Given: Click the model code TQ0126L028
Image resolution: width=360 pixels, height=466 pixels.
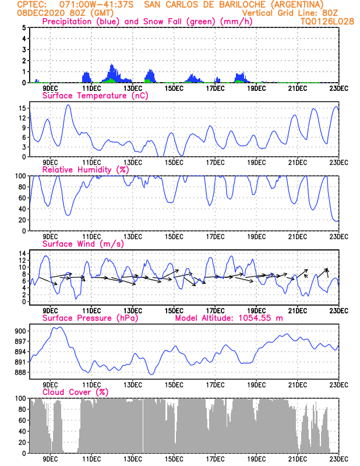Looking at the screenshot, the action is (x=327, y=22).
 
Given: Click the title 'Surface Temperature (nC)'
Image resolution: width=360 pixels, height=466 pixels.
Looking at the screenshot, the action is (x=95, y=96).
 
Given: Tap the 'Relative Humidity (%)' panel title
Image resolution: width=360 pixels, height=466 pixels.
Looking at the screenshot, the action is (x=86, y=170).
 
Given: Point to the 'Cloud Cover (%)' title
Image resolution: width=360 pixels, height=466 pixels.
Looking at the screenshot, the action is (x=76, y=392).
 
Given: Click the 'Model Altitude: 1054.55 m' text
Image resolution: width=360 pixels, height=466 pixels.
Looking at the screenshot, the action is (x=229, y=318).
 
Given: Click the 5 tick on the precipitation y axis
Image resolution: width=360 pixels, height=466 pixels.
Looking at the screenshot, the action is (x=24, y=27).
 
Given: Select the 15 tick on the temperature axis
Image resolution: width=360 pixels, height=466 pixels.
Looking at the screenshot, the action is (x=23, y=108).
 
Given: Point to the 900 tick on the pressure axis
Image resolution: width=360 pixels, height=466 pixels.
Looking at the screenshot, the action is (x=20, y=331).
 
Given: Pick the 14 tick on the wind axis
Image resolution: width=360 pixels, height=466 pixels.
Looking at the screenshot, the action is (x=23, y=253).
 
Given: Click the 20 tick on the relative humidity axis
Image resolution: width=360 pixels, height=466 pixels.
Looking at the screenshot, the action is (x=23, y=220).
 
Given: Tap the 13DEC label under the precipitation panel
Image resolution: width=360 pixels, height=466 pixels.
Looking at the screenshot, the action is (x=133, y=89).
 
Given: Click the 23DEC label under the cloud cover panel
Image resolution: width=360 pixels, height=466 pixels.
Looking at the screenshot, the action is (x=338, y=459).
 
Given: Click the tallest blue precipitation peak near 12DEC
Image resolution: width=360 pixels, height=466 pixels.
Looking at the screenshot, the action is (x=112, y=65).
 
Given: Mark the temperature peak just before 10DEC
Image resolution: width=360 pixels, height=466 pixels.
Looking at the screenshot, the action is (x=68, y=105).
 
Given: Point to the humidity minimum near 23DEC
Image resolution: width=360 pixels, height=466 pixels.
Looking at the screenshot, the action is (x=337, y=221).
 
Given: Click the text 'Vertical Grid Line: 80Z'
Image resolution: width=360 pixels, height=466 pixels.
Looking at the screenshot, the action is (x=290, y=13).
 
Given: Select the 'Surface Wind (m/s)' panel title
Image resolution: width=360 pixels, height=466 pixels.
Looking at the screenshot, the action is (x=83, y=243).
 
